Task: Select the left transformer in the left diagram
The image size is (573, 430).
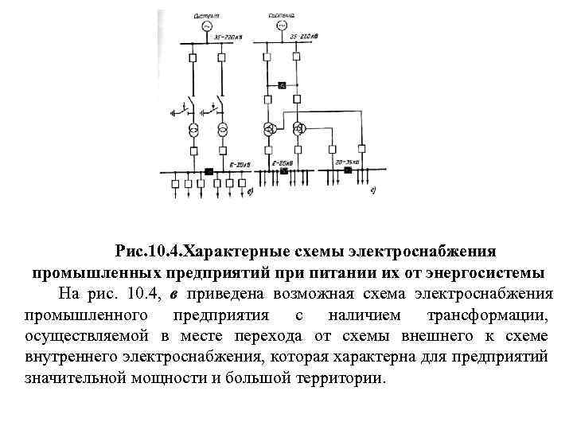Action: pos(193,131)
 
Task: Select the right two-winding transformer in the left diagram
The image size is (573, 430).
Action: pos(222,131)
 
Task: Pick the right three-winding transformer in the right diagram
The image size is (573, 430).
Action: pos(300,129)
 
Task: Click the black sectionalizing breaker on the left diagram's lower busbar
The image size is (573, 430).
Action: pos(208,170)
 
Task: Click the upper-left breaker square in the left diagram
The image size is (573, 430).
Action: pos(193,57)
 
